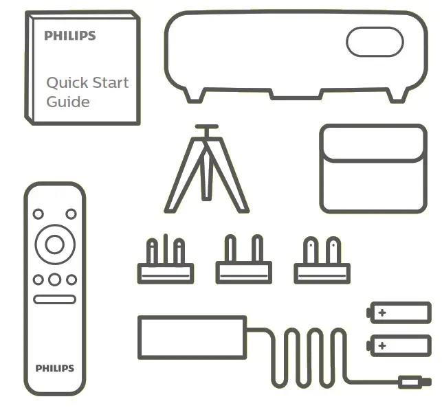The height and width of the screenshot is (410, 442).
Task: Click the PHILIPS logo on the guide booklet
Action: pos(69,36)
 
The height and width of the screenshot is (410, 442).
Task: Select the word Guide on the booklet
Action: pos(67,102)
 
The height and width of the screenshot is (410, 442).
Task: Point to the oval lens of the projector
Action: pos(374,43)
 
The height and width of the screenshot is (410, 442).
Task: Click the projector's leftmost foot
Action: pos(195,94)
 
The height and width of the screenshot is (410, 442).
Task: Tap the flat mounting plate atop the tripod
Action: pos(206,127)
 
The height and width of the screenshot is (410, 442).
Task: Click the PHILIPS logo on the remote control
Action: pos(54,369)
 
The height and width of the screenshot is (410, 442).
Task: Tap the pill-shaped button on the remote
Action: pos(54,300)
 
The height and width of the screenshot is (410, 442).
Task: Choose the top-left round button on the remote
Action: pos(38,214)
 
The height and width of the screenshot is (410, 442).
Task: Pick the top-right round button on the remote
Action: pos(71,214)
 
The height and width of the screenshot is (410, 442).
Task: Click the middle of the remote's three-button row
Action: pos(54,280)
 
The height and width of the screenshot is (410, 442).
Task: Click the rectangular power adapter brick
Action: pos(192,337)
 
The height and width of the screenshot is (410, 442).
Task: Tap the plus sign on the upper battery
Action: pos(382,313)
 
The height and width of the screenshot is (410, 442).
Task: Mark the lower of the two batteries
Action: pos(400,345)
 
